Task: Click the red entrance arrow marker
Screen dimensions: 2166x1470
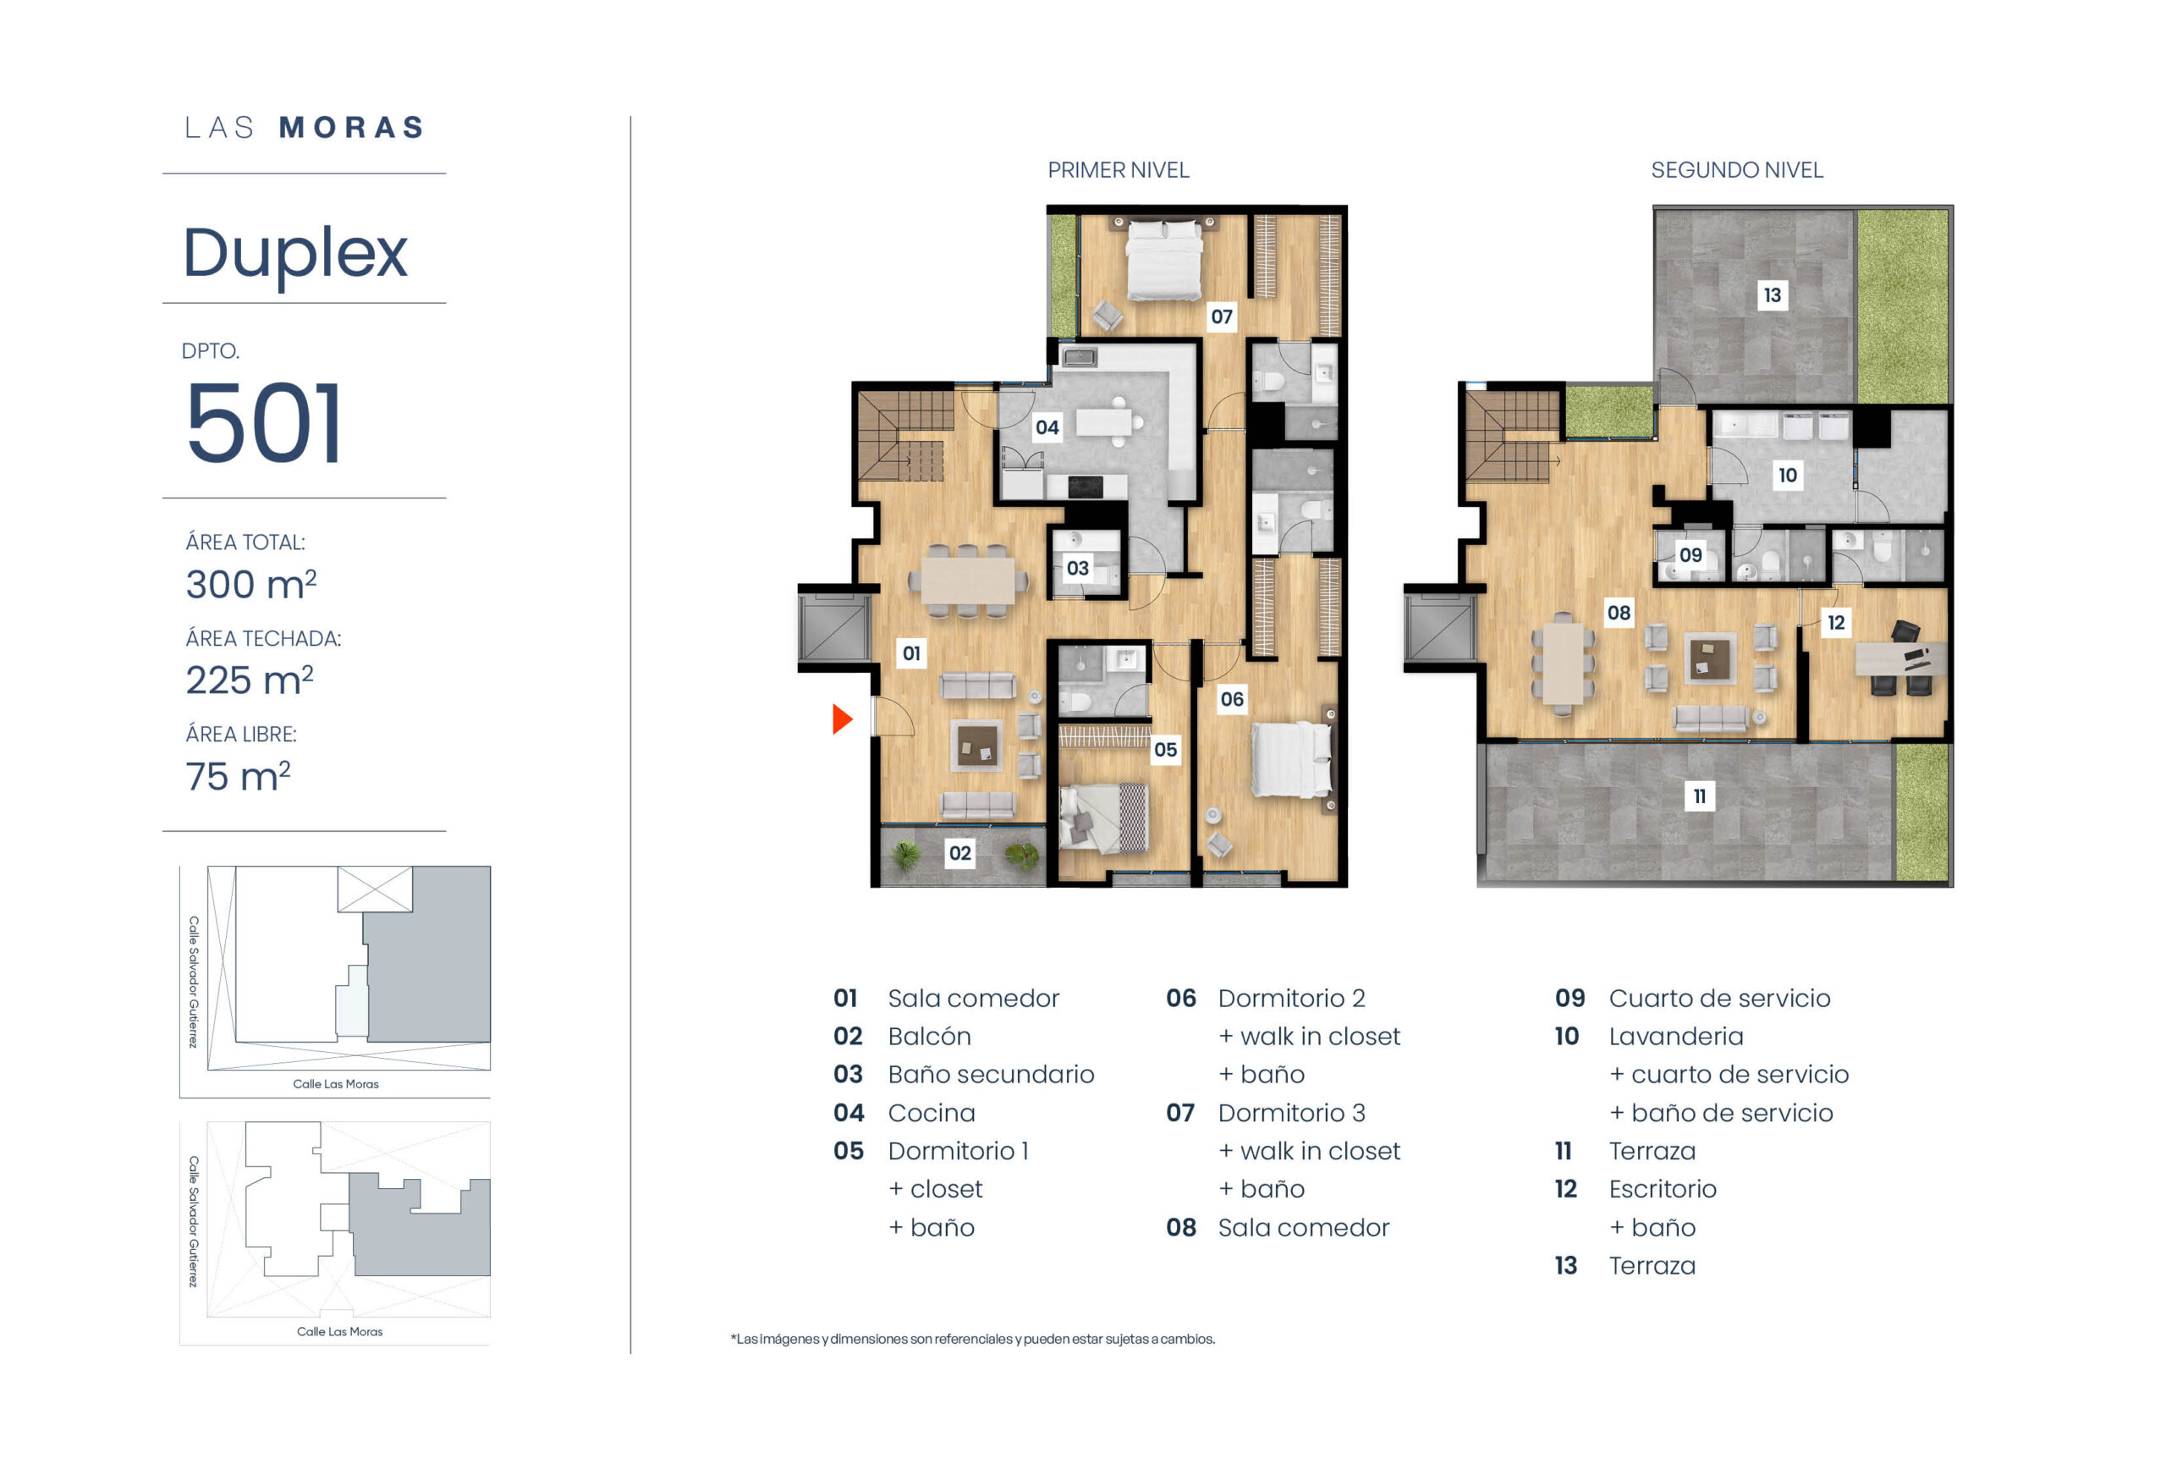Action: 842,718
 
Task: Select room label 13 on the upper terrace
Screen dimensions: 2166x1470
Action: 1772,295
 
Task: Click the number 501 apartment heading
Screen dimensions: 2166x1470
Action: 264,423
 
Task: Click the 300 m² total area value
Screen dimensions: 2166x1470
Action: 250,585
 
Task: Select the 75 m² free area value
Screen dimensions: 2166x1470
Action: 238,775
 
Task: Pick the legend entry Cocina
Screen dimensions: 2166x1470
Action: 931,1113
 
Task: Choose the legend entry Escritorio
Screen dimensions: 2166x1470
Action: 1662,1189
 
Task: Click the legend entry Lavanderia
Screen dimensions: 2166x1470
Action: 1676,1037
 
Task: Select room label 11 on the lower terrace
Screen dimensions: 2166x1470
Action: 1699,796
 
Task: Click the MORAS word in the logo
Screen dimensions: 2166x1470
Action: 352,128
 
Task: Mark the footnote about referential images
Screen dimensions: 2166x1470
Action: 972,1340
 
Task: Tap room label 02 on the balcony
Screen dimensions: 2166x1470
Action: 960,853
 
